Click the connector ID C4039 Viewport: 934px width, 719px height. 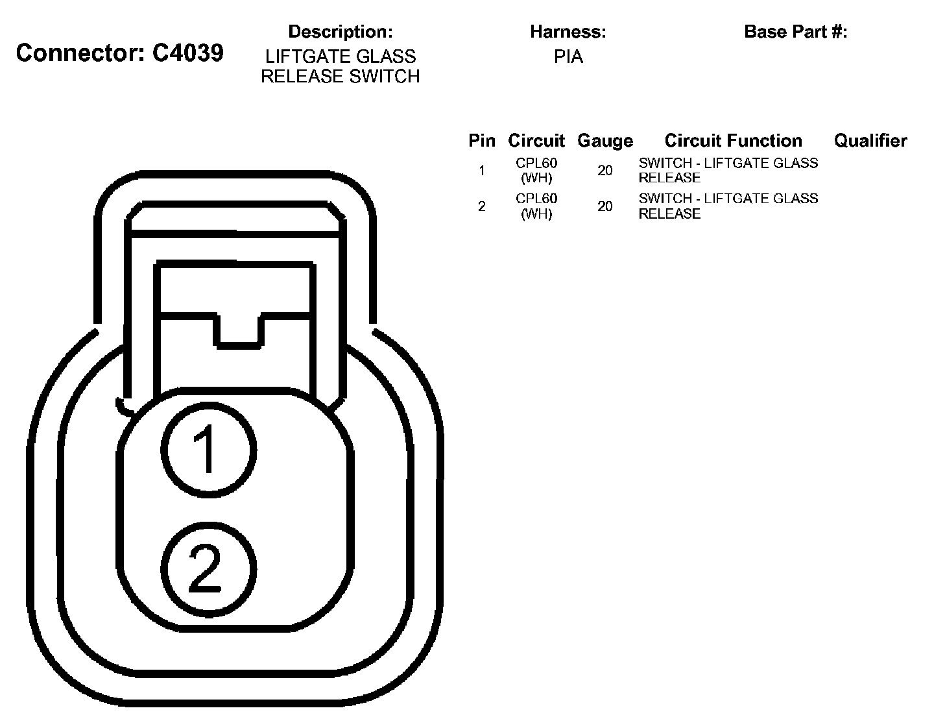coord(188,53)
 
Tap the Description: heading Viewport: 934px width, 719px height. coord(341,32)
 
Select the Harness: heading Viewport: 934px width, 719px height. coord(568,32)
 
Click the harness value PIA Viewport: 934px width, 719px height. coord(568,56)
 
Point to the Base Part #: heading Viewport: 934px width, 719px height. coord(796,32)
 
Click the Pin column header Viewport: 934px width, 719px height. coord(482,141)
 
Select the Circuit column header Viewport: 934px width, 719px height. coord(536,141)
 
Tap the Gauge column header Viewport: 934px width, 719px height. coord(605,141)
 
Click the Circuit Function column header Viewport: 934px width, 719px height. coord(734,141)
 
